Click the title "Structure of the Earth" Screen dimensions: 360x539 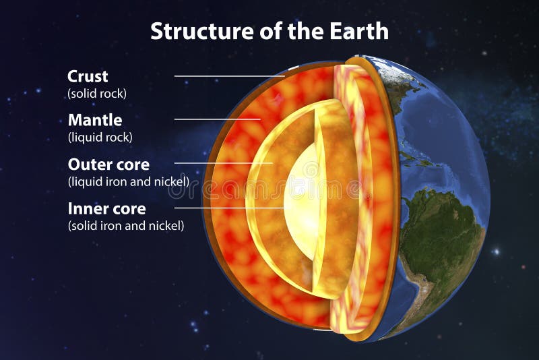(269, 30)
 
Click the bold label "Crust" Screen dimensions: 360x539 (88, 76)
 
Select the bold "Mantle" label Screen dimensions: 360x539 (95, 120)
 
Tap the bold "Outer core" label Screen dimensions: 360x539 (108, 164)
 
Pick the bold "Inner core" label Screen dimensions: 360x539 (106, 208)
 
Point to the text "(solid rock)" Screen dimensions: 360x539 (97, 94)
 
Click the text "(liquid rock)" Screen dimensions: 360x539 (100, 138)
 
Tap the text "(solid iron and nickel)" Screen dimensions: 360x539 (126, 226)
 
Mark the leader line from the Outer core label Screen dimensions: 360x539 (222, 163)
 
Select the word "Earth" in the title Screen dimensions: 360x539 (361, 30)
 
